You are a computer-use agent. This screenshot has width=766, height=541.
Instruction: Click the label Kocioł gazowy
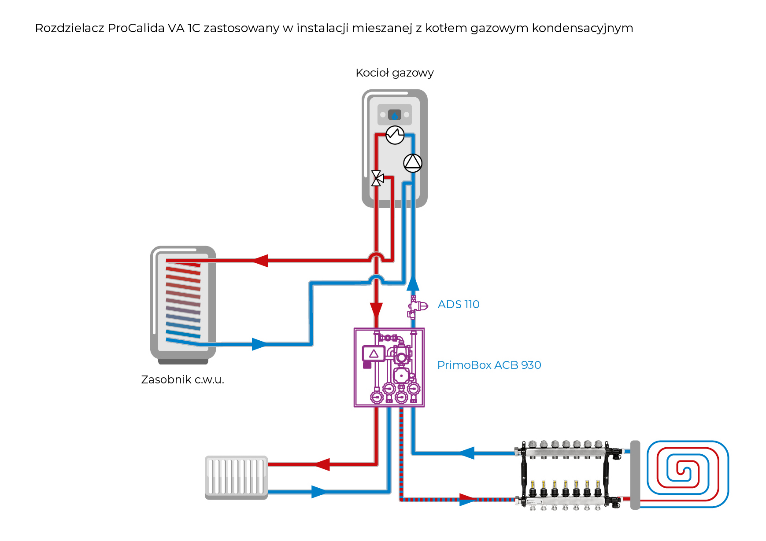tap(394, 73)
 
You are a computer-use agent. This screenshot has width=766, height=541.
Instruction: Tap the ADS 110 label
tap(458, 304)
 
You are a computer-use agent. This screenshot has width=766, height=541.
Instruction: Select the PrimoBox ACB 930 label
tap(489, 365)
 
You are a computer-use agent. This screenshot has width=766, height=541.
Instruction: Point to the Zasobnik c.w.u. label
tap(182, 379)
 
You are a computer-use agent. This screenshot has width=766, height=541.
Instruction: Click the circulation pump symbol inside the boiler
tap(413, 163)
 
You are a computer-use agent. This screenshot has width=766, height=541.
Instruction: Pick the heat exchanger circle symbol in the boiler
tap(395, 135)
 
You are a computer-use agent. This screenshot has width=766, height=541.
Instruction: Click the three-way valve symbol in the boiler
tap(377, 178)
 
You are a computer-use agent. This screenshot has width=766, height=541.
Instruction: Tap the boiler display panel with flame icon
tap(395, 115)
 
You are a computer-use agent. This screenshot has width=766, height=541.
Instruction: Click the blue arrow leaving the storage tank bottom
tap(259, 344)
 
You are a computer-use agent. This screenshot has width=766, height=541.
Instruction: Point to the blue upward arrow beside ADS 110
tap(413, 283)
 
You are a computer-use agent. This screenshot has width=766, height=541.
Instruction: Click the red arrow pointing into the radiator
tap(322, 464)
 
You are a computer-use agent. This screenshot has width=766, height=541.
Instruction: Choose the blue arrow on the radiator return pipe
tap(319, 492)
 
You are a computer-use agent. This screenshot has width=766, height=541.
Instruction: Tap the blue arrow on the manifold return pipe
tap(466, 453)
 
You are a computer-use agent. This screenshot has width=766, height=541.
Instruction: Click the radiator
tap(236, 477)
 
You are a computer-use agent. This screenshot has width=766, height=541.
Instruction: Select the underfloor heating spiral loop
tap(687, 474)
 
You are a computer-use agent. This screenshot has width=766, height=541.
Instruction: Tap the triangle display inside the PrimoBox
tap(374, 353)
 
